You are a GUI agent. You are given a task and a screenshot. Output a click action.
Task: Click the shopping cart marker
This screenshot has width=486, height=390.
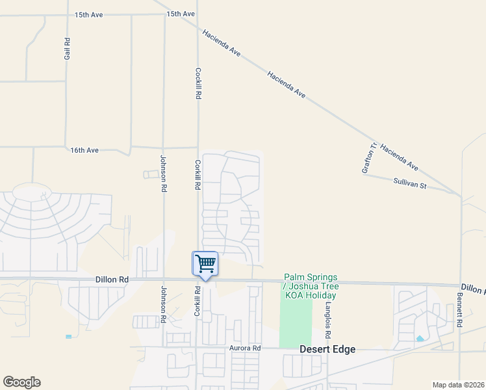point(205,264)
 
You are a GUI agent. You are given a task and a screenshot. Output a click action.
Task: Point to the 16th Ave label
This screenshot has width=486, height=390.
point(84,150)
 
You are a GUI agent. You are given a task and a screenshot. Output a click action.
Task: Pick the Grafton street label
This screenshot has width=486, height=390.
point(368,159)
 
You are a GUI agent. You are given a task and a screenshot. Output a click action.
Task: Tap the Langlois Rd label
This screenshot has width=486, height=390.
point(329,320)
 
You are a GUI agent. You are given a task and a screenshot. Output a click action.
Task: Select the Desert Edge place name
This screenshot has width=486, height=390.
point(327,349)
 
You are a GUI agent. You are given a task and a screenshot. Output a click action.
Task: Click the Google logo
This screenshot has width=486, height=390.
point(21,382)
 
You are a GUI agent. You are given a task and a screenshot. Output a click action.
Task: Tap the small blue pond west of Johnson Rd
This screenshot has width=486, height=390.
point(69,337)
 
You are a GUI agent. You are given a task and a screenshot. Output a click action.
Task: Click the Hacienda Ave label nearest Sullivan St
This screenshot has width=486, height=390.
point(399,157)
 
